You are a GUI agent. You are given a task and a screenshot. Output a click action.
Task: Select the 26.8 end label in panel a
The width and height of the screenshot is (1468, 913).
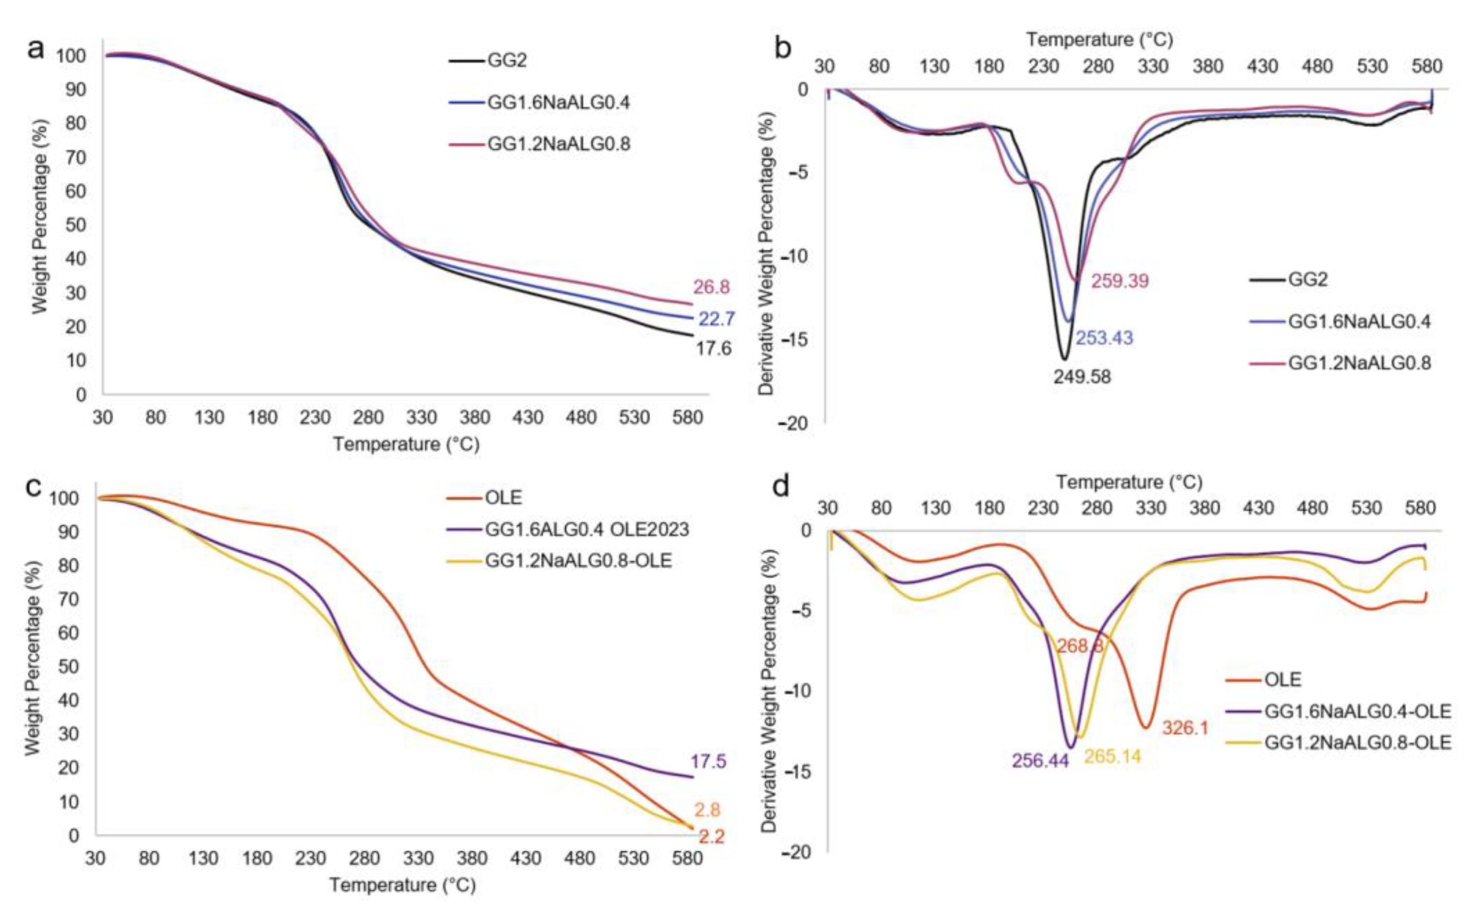point(711,287)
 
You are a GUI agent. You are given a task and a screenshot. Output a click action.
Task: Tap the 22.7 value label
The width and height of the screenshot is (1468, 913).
point(716,319)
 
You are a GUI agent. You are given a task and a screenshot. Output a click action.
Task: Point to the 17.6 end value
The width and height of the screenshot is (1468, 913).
point(713,348)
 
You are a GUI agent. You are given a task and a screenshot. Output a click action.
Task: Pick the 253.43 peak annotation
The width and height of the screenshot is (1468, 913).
point(1104,338)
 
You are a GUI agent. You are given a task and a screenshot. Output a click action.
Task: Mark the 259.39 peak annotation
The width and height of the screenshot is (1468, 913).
point(1120,281)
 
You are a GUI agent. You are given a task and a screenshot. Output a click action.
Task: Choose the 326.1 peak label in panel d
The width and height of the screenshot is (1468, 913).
point(1185,728)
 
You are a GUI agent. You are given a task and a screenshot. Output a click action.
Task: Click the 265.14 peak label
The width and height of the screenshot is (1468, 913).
point(1112,756)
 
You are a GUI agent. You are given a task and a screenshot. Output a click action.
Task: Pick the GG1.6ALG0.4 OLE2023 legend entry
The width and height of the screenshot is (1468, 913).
point(586,530)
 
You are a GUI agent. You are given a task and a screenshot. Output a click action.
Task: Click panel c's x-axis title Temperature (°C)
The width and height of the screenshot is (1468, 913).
point(402,885)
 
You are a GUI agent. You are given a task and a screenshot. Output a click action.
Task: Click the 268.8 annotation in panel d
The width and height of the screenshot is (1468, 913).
point(1080,646)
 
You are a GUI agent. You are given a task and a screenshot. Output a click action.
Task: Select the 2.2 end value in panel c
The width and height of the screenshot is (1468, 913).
point(711,837)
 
